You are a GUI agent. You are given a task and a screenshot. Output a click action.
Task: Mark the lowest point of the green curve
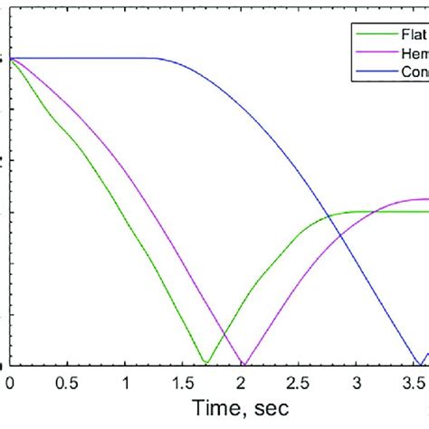click(205, 363)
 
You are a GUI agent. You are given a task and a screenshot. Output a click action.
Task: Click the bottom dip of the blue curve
click(415, 364)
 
